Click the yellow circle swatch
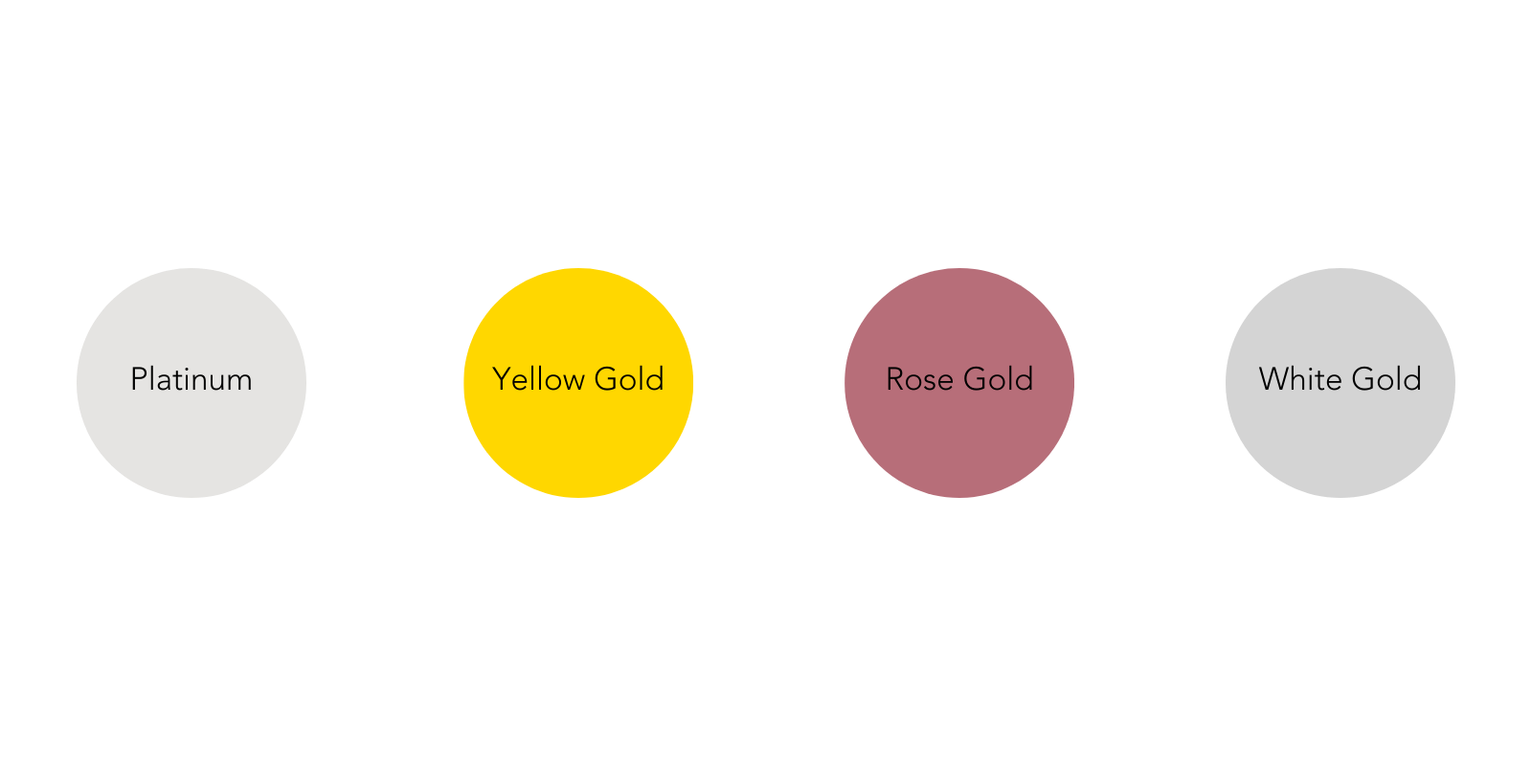pos(578,383)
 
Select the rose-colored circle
pos(959,383)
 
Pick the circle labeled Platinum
pos(191,383)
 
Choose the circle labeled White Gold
pos(1340,383)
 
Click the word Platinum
pos(191,379)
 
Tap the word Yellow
pos(538,379)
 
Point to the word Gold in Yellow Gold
pos(629,379)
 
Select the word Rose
pos(920,379)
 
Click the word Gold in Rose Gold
pos(999,379)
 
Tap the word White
pos(1301,379)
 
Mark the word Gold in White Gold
pos(1387,379)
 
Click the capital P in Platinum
pos(139,379)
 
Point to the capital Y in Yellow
pos(503,379)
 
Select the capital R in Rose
pos(896,379)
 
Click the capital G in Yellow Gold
pos(607,379)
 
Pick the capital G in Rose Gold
pos(976,379)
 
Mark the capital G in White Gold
pos(1364,379)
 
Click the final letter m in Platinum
pos(239,384)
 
